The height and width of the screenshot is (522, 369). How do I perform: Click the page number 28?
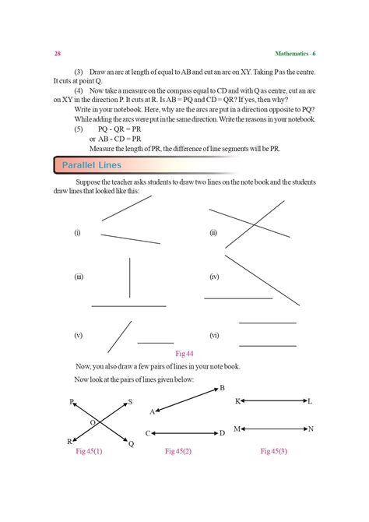click(x=58, y=54)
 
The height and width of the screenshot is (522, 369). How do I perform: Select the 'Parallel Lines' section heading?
click(x=93, y=165)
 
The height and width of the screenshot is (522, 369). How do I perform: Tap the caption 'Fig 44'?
click(x=184, y=353)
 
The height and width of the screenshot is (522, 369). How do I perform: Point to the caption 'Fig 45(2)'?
click(x=178, y=451)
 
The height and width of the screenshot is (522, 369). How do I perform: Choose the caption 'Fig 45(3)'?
click(x=273, y=451)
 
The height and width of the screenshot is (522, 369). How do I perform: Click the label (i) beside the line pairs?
click(x=77, y=233)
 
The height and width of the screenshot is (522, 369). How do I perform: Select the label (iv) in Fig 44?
click(x=214, y=277)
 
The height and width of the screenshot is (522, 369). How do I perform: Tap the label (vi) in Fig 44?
click(x=214, y=335)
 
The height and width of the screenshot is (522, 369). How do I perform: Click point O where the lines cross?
click(x=93, y=421)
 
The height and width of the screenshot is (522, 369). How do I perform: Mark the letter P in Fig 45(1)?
click(x=72, y=402)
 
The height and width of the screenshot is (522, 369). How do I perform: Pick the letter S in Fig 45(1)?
click(x=130, y=402)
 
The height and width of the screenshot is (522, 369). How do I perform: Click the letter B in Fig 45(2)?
click(x=222, y=388)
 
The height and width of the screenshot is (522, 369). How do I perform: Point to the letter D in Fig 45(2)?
click(x=222, y=433)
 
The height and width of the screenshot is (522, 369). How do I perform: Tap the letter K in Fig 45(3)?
click(x=237, y=401)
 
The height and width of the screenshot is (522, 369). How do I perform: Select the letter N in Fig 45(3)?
click(x=311, y=429)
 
